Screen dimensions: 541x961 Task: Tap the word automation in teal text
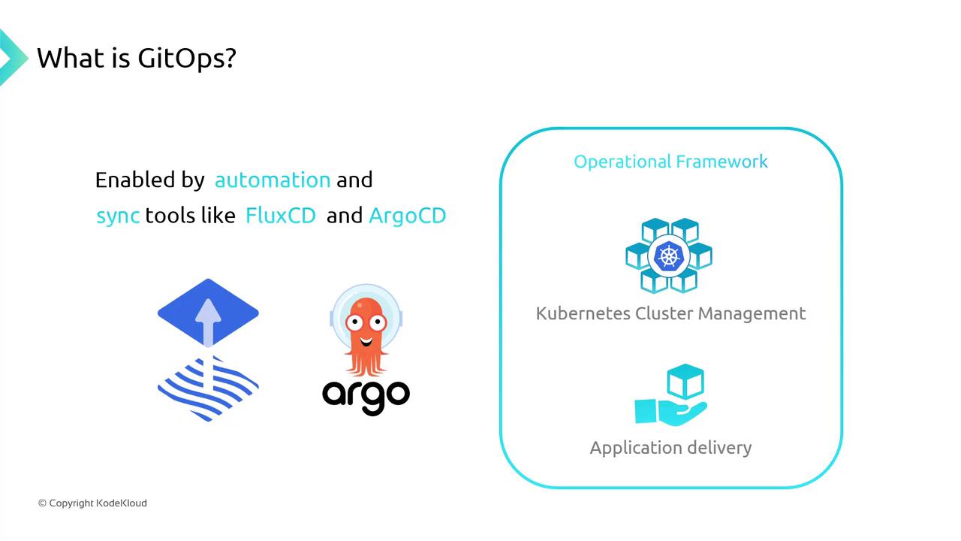pyautogui.click(x=273, y=180)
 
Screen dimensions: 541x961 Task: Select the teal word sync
pyautogui.click(x=118, y=216)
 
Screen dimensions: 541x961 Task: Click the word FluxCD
pyautogui.click(x=281, y=216)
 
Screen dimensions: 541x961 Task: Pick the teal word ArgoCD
pyautogui.click(x=408, y=216)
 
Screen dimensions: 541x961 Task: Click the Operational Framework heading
pyautogui.click(x=670, y=162)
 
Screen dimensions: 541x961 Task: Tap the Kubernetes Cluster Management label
pyautogui.click(x=670, y=313)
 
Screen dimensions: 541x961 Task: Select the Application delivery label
pyautogui.click(x=670, y=448)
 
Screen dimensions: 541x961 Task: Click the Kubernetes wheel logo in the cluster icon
pyautogui.click(x=667, y=256)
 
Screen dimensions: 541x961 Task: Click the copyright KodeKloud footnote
pyautogui.click(x=92, y=503)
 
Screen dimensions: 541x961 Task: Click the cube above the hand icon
pyautogui.click(x=685, y=382)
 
